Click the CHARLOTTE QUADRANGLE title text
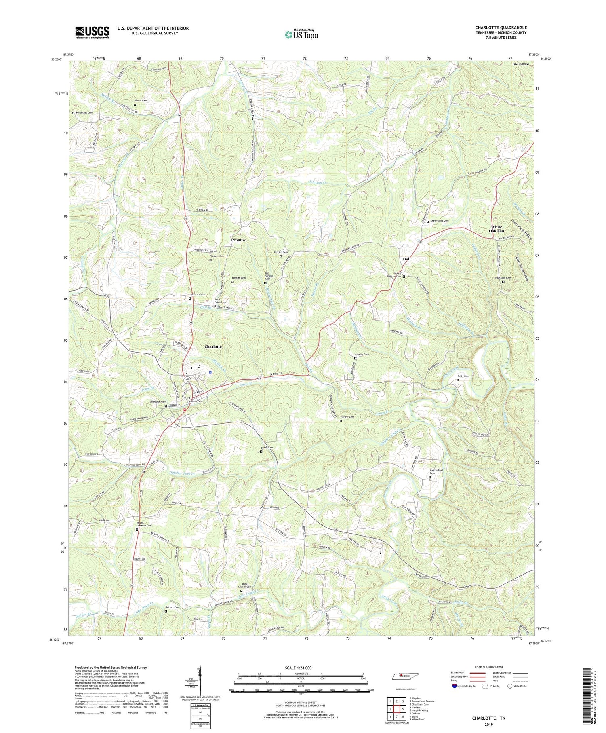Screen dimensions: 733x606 [501, 28]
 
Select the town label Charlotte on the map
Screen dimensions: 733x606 [213, 346]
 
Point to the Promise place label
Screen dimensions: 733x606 [238, 240]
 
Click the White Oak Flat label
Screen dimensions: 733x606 [497, 229]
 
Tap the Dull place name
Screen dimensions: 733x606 [407, 259]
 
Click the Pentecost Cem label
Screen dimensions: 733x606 [85, 113]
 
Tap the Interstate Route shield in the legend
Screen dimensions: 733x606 [455, 686]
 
